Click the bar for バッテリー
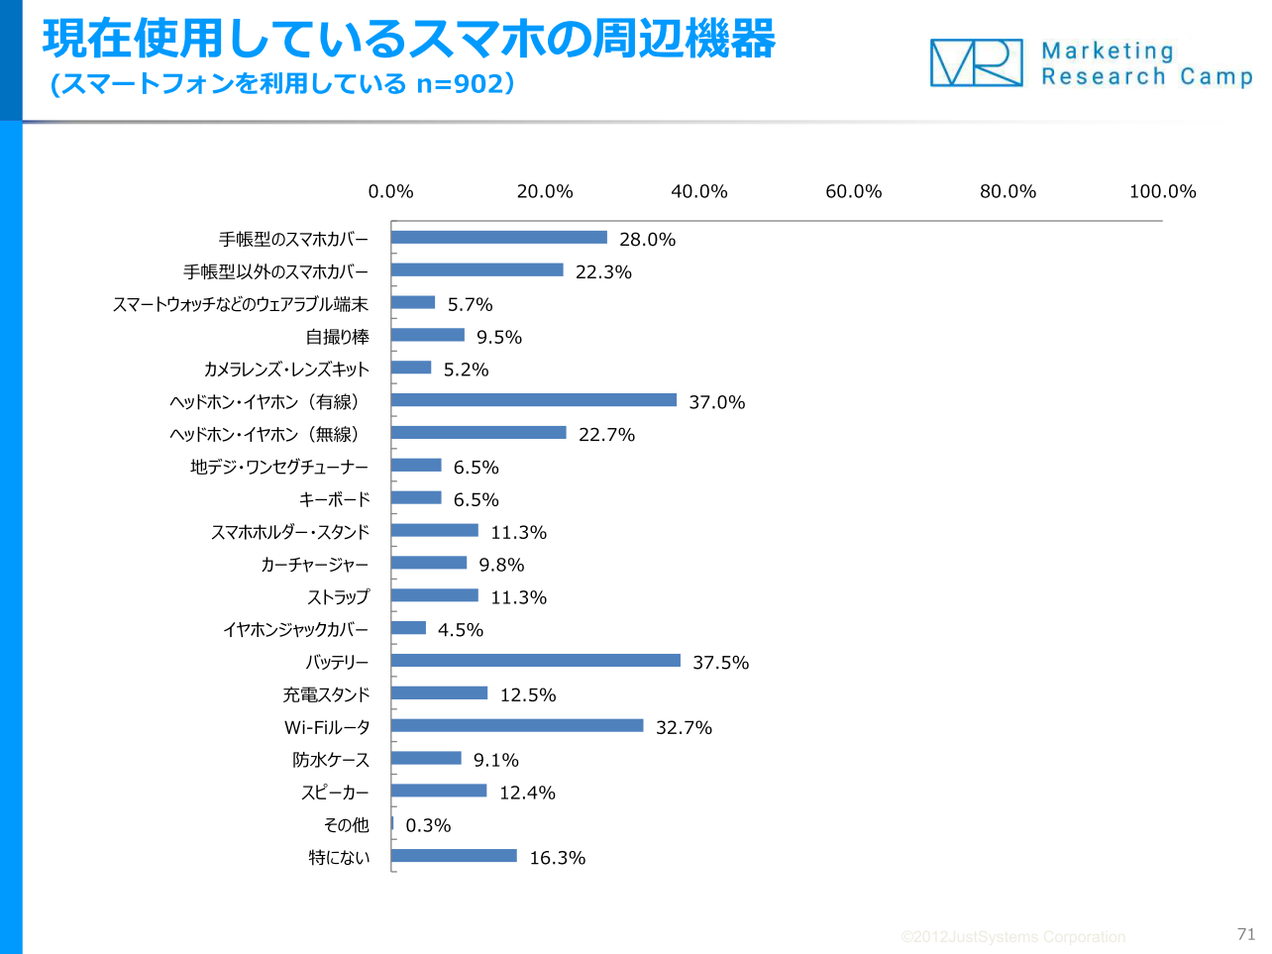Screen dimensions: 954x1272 (535, 661)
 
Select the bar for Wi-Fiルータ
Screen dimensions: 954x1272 (517, 726)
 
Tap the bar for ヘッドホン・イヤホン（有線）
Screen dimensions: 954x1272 (534, 400)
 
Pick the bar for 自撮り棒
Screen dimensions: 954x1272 (428, 335)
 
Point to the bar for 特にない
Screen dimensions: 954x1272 (454, 856)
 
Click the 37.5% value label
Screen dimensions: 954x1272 (720, 663)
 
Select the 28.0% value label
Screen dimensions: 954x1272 (647, 240)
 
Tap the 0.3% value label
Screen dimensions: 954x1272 (428, 825)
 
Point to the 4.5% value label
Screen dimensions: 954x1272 (461, 630)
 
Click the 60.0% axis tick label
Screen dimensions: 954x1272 (853, 191)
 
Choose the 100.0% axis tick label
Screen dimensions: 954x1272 (1162, 191)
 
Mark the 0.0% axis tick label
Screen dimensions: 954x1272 (390, 191)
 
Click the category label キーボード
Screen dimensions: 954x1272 (334, 499)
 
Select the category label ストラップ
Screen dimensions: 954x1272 (338, 597)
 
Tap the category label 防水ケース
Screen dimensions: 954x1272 (331, 760)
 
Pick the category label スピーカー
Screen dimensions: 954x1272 (335, 793)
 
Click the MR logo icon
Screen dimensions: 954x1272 (976, 62)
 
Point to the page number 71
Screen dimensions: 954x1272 (1246, 934)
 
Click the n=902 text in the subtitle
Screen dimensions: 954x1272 (460, 84)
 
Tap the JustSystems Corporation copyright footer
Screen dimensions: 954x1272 (1012, 937)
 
